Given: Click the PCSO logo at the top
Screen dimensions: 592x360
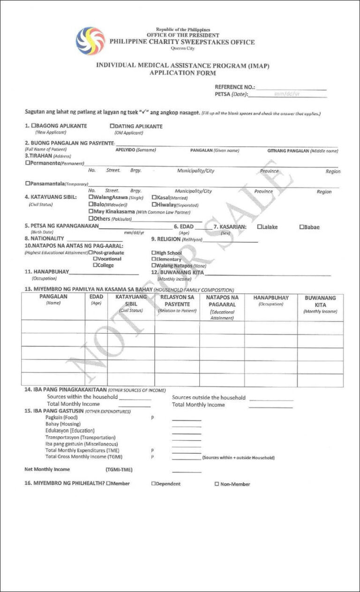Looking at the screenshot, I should tap(90, 41).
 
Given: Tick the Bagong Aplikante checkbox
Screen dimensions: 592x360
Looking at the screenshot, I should tap(34, 126).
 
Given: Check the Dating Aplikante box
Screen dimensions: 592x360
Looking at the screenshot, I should tap(112, 126).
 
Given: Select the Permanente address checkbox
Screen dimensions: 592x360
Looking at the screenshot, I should tap(27, 163).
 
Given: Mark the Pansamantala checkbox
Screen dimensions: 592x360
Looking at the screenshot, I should tap(27, 183).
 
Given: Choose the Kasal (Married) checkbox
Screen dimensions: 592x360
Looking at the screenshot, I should tap(154, 198).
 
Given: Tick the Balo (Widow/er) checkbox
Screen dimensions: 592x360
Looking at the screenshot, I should tap(91, 205).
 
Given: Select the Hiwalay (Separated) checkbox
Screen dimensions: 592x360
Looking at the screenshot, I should tap(154, 205).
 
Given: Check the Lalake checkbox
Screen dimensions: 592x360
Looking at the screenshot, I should tap(260, 227).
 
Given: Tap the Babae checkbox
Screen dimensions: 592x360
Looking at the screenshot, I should tap(302, 227).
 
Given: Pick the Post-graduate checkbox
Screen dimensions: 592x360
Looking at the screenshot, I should tap(90, 253).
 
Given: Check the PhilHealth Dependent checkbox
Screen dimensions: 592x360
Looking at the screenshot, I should tap(153, 484).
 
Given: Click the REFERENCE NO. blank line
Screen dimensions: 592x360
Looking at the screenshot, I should tap(291, 88).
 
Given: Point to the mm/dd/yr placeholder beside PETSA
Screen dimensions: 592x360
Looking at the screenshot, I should tap(286, 94).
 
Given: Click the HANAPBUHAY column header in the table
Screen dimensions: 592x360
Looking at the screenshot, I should tap(271, 298).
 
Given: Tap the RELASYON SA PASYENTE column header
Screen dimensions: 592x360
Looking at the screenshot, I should tap(177, 300).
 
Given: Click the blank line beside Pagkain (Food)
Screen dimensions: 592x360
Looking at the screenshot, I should tap(186, 419).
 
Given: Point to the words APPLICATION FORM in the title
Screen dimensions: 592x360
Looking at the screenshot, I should tap(182, 73).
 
